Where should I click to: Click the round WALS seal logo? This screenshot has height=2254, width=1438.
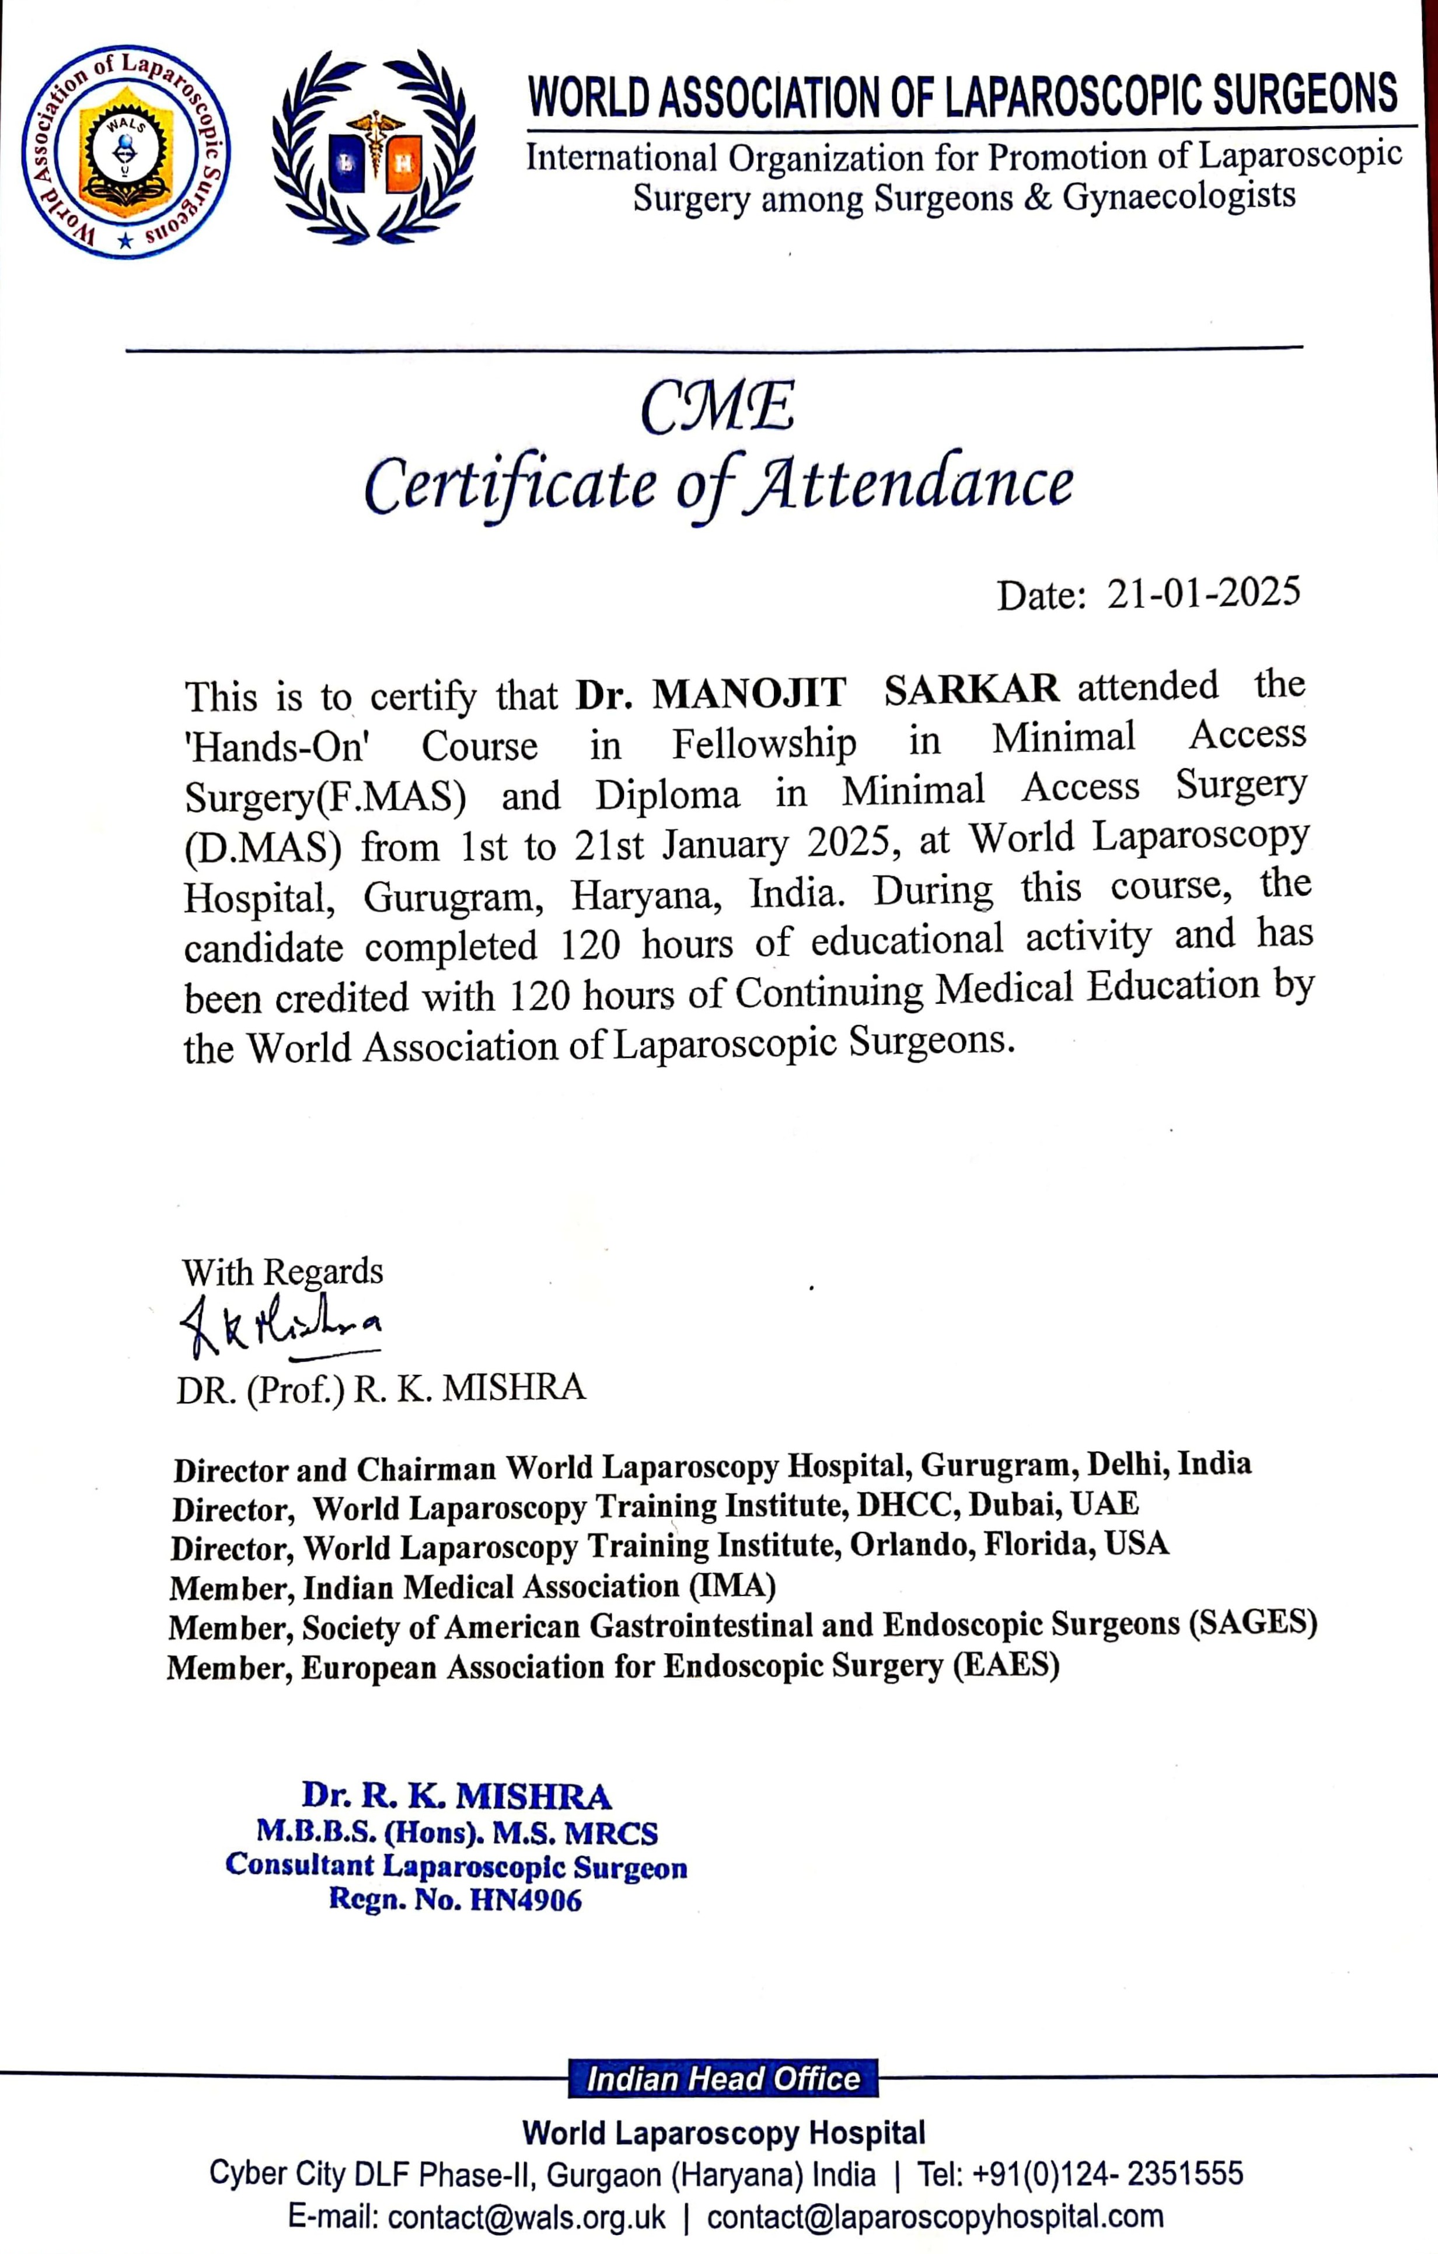pos(125,152)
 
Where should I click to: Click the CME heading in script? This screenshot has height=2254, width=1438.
pos(718,408)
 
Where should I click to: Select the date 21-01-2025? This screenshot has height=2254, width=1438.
pos(1203,593)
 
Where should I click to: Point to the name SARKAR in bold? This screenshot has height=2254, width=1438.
pos(971,691)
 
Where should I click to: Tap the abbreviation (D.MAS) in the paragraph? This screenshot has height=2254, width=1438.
pos(263,847)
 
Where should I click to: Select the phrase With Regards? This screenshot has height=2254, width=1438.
pos(282,1272)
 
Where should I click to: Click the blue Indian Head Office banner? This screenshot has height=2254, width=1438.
pos(723,2079)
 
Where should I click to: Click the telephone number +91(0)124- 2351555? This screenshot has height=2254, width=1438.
pos(1108,2173)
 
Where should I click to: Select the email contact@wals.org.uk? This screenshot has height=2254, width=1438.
pos(526,2217)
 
